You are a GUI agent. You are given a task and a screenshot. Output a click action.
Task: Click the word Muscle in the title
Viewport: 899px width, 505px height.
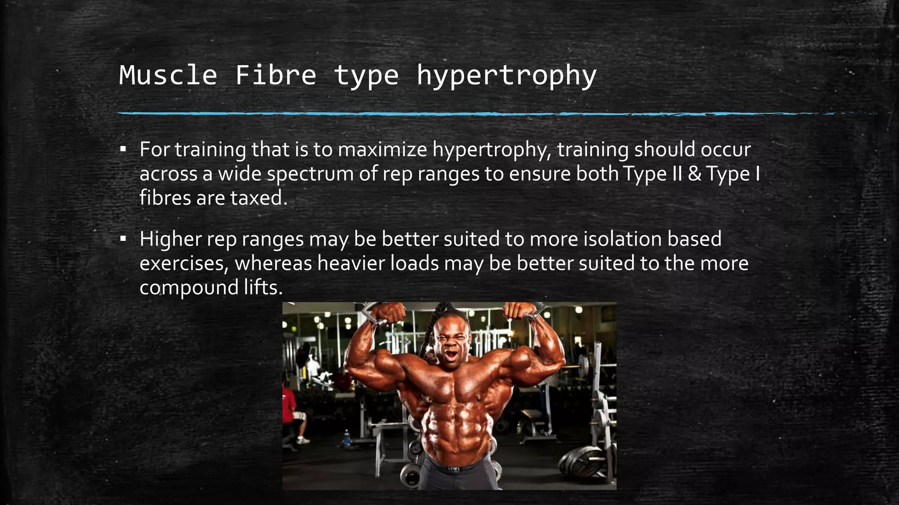click(168, 75)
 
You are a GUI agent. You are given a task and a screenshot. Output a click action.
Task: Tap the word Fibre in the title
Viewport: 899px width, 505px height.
click(275, 75)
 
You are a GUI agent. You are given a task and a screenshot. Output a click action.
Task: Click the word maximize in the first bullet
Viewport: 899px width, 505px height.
click(382, 149)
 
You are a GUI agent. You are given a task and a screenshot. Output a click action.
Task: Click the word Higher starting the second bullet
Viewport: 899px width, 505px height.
click(171, 239)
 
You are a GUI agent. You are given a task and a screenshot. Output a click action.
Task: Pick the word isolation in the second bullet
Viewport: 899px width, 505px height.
click(622, 239)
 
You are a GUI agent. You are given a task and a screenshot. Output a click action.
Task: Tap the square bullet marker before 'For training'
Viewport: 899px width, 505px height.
click(123, 149)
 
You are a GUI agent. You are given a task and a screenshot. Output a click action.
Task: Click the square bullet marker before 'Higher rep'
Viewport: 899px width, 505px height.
click(123, 239)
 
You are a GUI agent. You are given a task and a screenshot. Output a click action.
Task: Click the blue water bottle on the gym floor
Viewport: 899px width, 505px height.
click(346, 437)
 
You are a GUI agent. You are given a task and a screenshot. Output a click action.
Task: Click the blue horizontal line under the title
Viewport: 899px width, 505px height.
click(439, 114)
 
